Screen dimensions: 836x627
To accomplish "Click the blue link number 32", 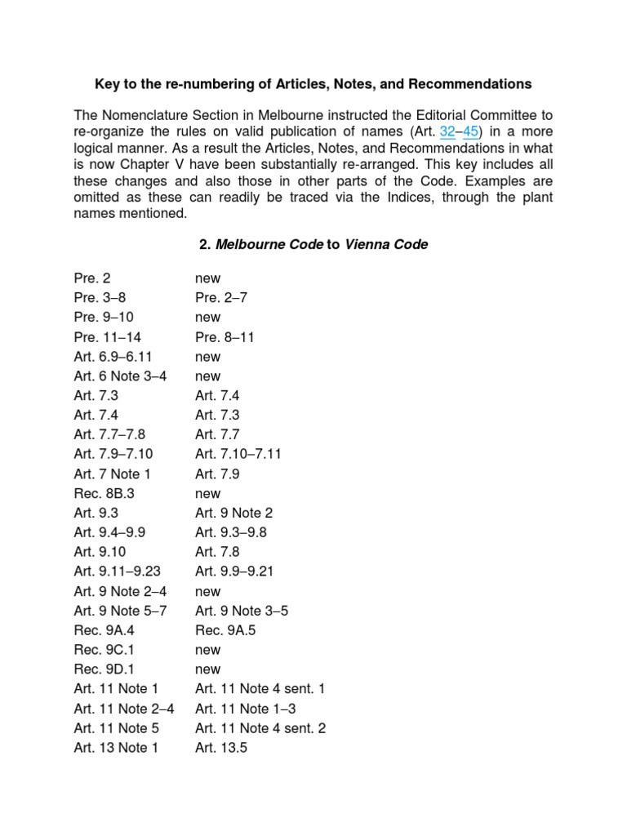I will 447,132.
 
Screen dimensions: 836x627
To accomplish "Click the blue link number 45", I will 471,132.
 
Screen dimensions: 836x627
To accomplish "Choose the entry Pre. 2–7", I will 220,298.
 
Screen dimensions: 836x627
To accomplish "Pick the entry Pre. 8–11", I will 225,337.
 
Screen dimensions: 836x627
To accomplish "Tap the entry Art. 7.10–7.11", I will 238,454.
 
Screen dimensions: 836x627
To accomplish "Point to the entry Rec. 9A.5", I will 225,630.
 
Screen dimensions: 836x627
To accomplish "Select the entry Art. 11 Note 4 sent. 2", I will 260,728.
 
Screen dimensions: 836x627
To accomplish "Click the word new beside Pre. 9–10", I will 207,318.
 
